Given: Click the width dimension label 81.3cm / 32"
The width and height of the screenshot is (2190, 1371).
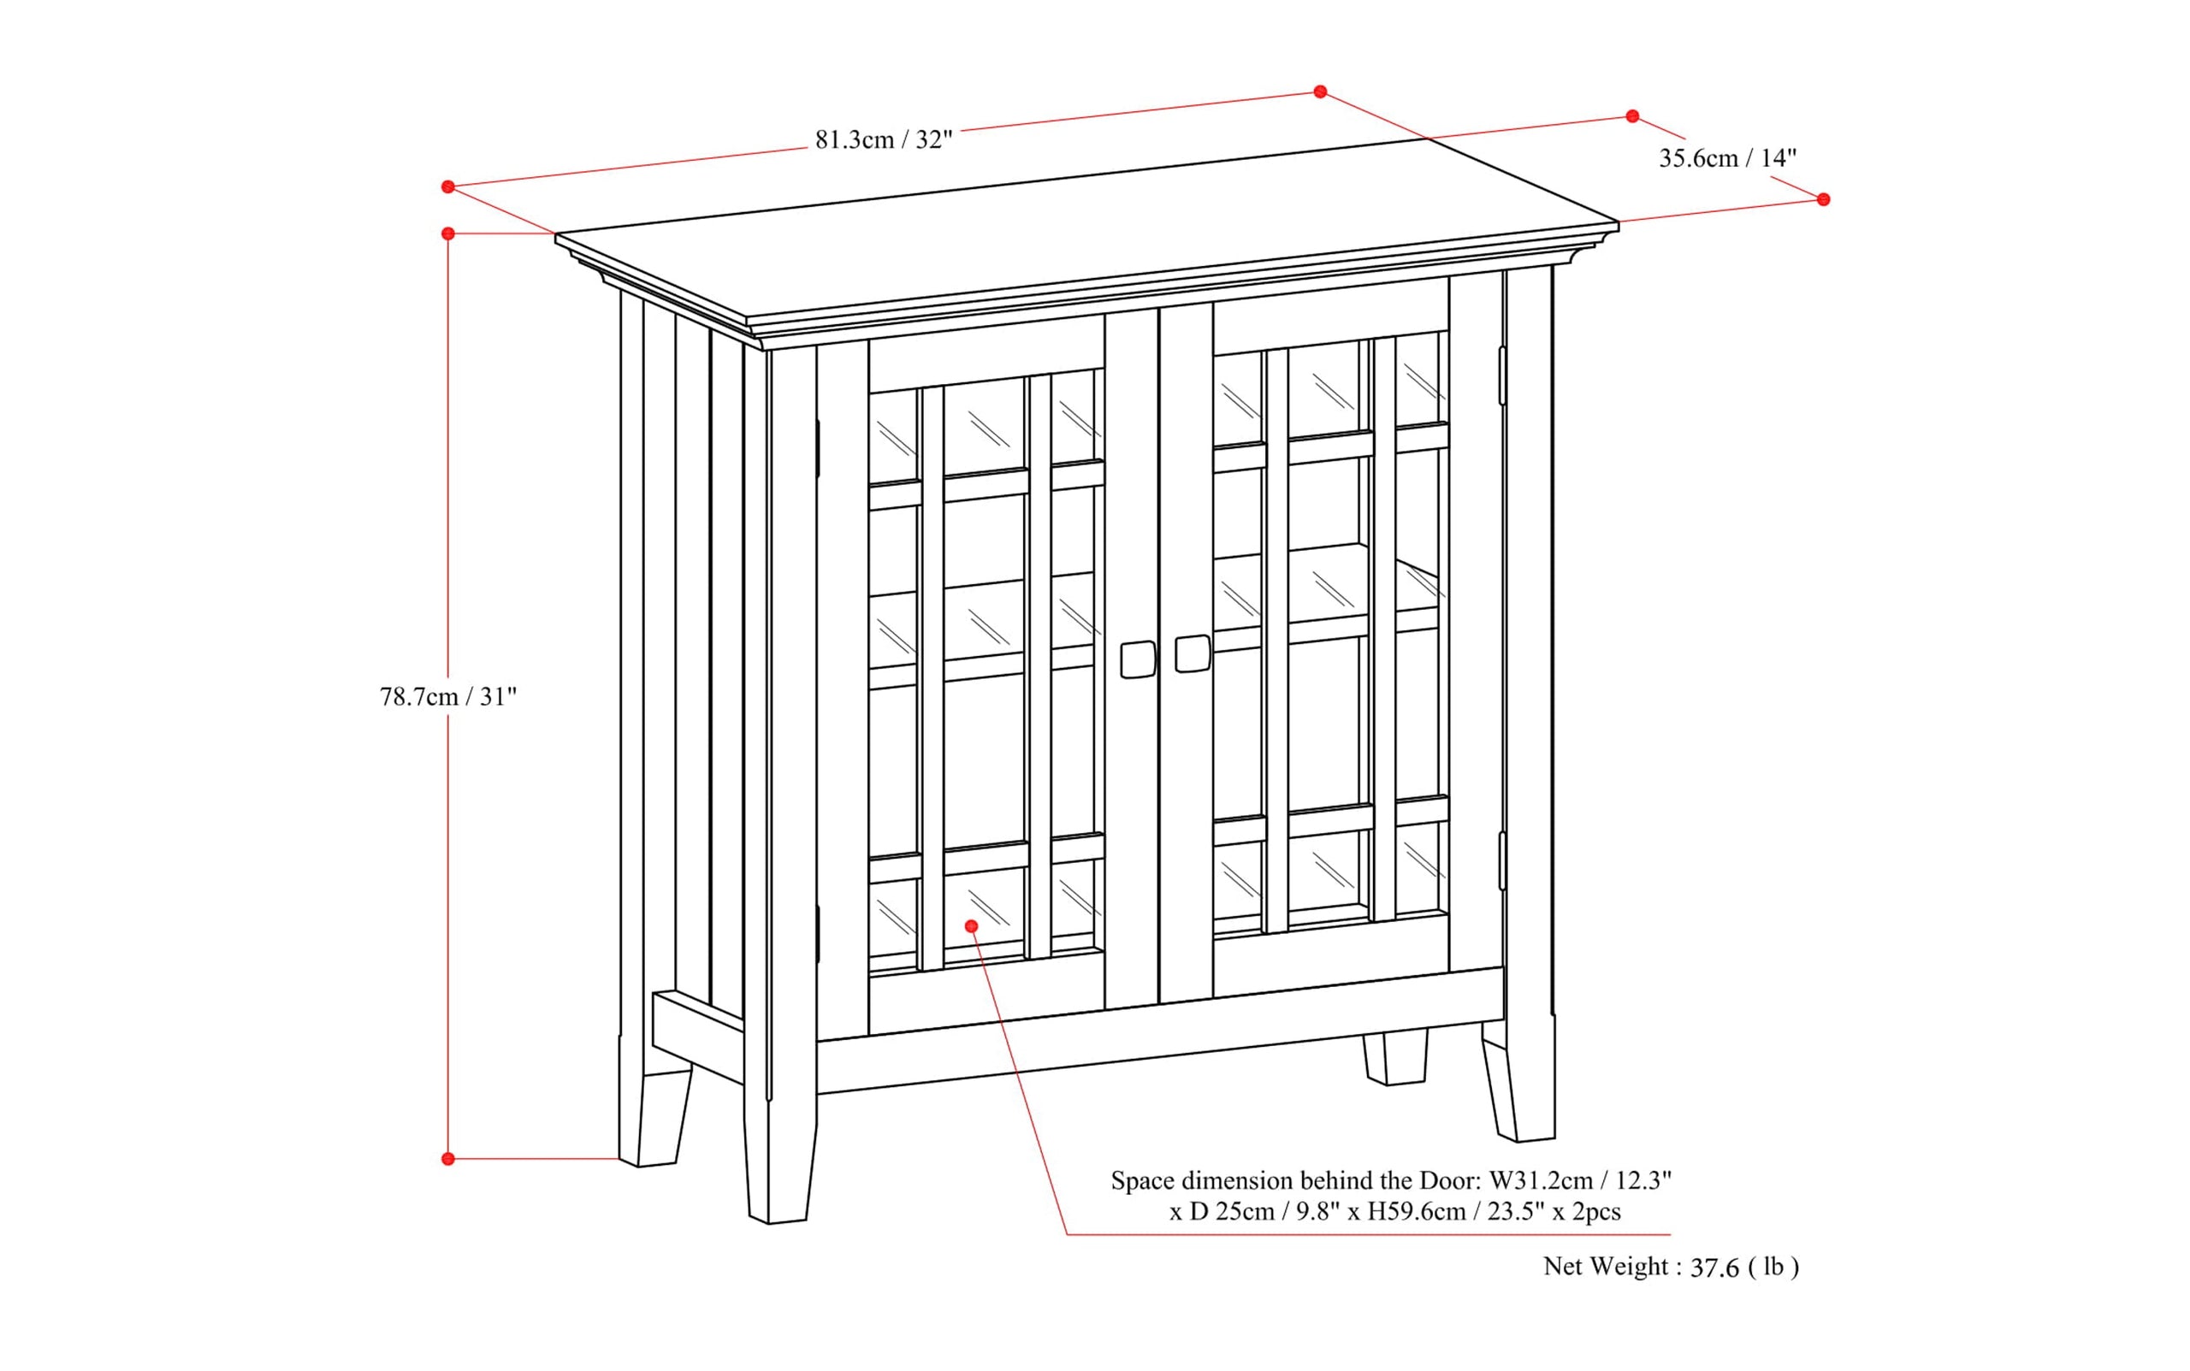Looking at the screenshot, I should (883, 139).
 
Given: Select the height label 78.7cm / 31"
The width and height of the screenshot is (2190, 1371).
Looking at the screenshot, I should (448, 696).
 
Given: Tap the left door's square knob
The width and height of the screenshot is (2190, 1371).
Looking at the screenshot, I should (1137, 659).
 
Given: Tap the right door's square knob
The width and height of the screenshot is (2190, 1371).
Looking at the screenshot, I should (1192, 653).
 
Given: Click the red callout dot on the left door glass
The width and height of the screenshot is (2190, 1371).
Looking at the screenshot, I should (971, 925).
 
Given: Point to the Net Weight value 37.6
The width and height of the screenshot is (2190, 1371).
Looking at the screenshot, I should (1714, 1268).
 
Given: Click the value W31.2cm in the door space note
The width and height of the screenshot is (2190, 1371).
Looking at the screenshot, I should (1541, 1180).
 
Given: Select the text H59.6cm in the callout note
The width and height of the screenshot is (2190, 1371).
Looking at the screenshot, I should (1417, 1211).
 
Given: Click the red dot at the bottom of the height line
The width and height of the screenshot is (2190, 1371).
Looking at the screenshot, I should (448, 1159).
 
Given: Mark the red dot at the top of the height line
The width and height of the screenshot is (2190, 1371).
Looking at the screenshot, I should (448, 234).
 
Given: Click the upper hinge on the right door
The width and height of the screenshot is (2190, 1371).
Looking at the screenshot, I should (1501, 375).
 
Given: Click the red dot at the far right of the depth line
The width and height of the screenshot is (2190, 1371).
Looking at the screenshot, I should (1824, 199).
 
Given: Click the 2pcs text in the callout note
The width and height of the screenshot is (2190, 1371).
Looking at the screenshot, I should (1597, 1211).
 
